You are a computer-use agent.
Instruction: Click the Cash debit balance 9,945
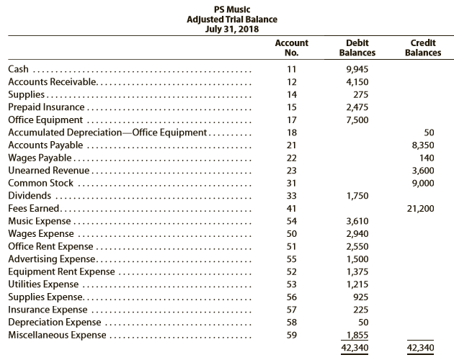[357, 69]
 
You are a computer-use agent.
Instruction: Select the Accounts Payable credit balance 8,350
[423, 145]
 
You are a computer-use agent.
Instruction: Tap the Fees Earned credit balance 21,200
[420, 208]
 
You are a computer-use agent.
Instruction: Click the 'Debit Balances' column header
[357, 48]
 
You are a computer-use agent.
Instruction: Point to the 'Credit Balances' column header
[423, 48]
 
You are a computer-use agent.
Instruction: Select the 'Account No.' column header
[292, 48]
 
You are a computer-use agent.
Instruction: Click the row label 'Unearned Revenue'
[49, 170]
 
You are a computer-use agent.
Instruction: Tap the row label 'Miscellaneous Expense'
[57, 335]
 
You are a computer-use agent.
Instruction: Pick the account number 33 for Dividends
[292, 196]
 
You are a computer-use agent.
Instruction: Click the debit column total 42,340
[355, 348]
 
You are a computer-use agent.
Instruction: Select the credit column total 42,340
[420, 348]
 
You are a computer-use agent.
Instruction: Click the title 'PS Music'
[232, 9]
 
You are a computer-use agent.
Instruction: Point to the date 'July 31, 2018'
[232, 29]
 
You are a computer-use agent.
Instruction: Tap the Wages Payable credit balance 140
[427, 158]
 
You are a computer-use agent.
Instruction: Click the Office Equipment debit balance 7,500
[357, 120]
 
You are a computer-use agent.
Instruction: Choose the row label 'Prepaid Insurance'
[46, 107]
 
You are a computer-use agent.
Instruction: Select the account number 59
[292, 335]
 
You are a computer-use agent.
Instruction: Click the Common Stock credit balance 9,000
[423, 183]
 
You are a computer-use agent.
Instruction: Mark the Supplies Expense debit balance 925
[361, 297]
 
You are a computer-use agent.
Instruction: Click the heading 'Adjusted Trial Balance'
[232, 19]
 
